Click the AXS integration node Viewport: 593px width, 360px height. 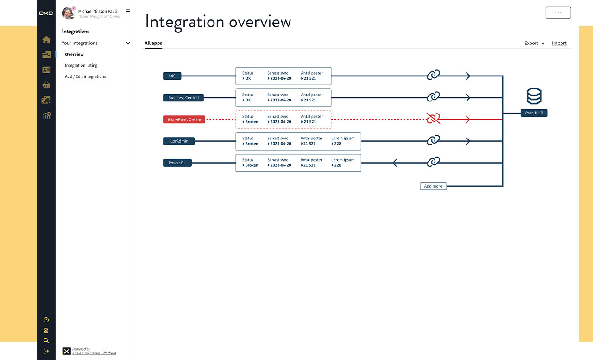click(x=172, y=76)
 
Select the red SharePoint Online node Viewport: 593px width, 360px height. click(x=184, y=120)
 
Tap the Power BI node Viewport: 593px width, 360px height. click(x=177, y=163)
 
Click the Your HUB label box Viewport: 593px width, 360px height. click(x=534, y=113)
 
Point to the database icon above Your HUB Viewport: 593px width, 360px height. click(x=534, y=96)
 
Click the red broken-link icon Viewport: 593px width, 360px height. click(x=433, y=118)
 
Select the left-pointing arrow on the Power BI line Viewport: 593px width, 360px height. click(x=395, y=163)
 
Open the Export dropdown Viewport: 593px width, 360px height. click(x=534, y=43)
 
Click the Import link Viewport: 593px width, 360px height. click(x=559, y=43)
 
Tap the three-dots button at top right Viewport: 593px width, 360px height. click(x=558, y=13)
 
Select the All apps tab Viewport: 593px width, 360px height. click(x=153, y=43)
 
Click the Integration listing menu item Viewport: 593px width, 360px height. click(x=81, y=65)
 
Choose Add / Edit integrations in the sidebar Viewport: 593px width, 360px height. click(x=85, y=76)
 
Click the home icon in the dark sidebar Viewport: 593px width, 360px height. click(x=46, y=40)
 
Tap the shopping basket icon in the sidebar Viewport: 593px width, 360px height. click(x=46, y=85)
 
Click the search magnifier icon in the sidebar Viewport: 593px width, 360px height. click(x=46, y=341)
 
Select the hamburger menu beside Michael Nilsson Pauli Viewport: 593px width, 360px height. click(x=128, y=12)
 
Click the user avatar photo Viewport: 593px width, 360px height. click(x=68, y=13)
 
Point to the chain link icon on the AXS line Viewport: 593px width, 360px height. click(x=433, y=75)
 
